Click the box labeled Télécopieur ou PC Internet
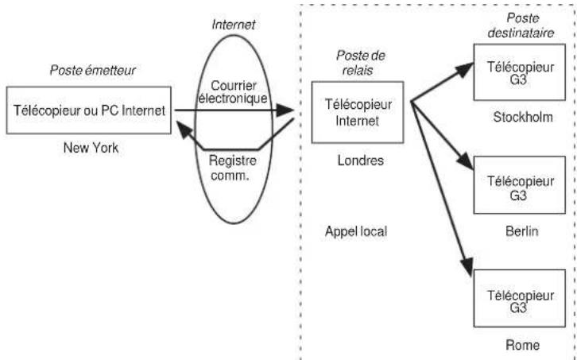[89, 110]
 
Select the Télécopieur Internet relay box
[358, 112]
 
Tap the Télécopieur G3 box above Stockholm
[520, 72]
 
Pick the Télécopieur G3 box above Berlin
[520, 185]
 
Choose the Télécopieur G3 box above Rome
[520, 298]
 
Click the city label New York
[91, 148]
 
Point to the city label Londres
[361, 161]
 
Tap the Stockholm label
[523, 117]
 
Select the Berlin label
[522, 231]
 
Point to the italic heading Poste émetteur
[93, 70]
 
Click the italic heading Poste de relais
[360, 63]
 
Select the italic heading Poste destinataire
[521, 25]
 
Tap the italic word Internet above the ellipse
[234, 25]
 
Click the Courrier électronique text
[233, 92]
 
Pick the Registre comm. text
[232, 168]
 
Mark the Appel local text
[356, 231]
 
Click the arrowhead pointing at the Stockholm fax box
[465, 69]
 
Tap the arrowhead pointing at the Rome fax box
[467, 265]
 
